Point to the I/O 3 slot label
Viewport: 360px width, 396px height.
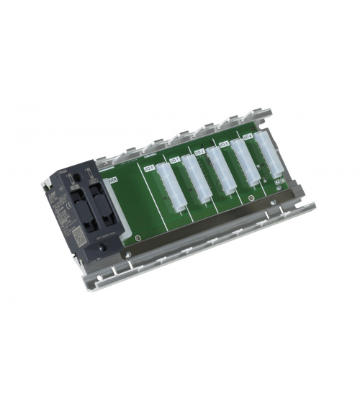pyautogui.click(x=222, y=143)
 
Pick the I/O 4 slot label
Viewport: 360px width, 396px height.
pyautogui.click(x=247, y=135)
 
